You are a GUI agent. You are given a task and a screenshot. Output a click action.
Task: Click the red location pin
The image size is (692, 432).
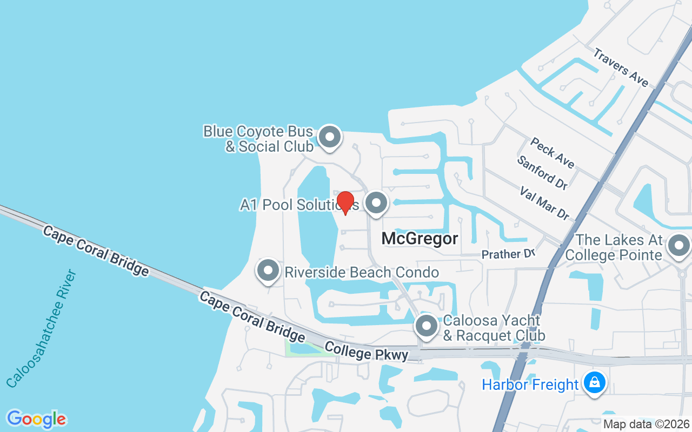pos(345,203)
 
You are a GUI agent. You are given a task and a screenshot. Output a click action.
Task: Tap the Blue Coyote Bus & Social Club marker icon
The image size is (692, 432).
pos(329,137)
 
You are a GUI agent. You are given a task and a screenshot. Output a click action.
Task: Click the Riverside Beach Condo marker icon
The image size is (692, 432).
pos(268,271)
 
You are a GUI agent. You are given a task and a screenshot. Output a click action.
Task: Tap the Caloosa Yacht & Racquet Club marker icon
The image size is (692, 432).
pos(426,326)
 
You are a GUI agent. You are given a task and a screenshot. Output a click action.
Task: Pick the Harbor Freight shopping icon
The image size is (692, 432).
pos(595,383)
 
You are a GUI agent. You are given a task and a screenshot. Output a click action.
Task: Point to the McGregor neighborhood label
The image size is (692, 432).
pos(420,238)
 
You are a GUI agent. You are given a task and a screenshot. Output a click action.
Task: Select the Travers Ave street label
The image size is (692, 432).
pos(621,67)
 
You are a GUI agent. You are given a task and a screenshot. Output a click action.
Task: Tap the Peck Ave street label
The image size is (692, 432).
pos(552,152)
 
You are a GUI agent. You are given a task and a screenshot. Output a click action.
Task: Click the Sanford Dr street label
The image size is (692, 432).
pos(542,172)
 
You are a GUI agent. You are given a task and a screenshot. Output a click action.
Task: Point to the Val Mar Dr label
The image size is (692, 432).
pos(544,203)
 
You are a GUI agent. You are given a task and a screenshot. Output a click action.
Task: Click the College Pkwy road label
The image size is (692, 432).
pos(366,351)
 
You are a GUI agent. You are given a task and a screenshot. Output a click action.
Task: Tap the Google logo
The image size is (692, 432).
pos(36,419)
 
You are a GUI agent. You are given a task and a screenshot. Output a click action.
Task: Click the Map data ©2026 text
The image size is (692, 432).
pos(647,424)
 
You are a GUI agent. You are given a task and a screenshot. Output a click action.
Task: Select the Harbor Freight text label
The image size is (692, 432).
pos(530,384)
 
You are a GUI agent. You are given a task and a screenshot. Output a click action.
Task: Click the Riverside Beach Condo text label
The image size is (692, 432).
pos(362,272)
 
